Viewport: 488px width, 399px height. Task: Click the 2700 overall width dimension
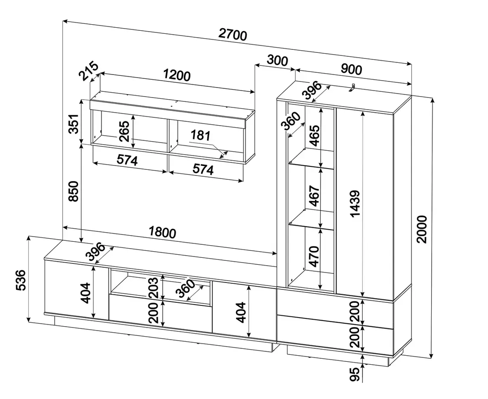(x=233, y=35)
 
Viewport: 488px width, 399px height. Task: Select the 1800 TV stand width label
(x=162, y=232)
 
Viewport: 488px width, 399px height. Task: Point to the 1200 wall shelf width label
(x=177, y=75)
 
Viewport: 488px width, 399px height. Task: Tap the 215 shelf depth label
(x=88, y=71)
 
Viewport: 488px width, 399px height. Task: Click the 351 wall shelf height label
(x=74, y=123)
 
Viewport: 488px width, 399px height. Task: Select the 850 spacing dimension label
(x=74, y=191)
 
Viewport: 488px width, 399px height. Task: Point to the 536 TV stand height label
(x=21, y=280)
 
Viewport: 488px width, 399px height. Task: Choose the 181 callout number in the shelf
(x=200, y=136)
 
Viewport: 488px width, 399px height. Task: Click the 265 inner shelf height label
(x=124, y=131)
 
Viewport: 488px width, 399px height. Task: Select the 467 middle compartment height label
(x=314, y=196)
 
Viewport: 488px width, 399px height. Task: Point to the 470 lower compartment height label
(x=314, y=256)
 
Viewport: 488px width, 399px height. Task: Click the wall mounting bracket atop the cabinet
(x=352, y=88)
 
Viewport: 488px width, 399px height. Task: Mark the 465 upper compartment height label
(x=314, y=136)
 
